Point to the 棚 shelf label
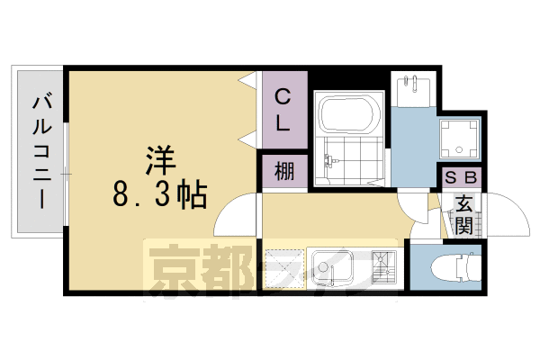pos(284,171)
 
